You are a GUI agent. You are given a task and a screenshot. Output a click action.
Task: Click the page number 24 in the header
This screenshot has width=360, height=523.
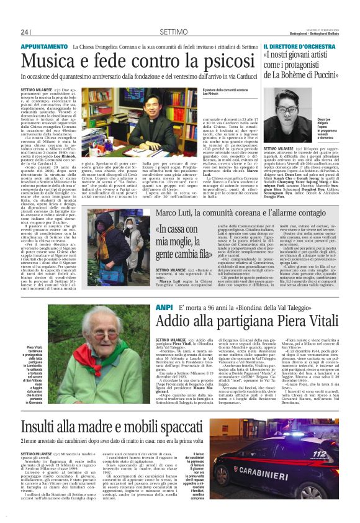click(25, 32)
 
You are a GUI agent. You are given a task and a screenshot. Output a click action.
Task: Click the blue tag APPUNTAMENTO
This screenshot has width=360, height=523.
click(44, 47)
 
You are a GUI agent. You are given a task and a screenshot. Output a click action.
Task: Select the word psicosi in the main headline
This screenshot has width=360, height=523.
click(207, 61)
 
